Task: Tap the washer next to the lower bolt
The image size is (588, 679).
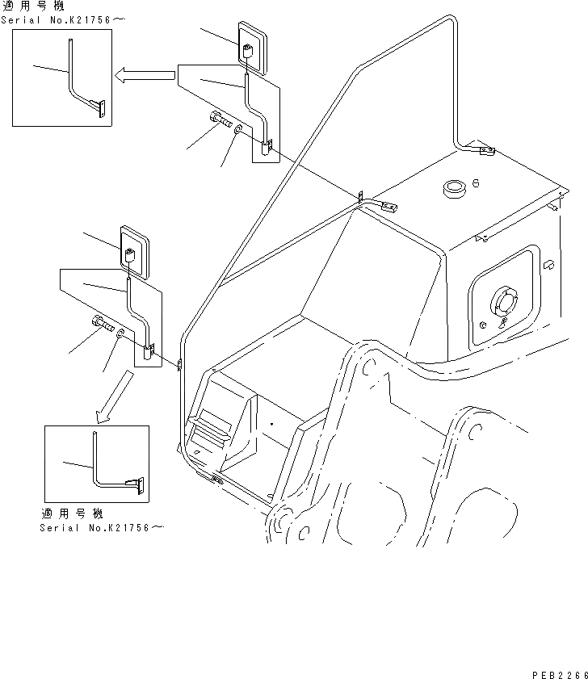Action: coord(120,334)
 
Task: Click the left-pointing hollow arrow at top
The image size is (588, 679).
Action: coord(145,76)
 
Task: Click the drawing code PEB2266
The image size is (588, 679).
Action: coord(560,672)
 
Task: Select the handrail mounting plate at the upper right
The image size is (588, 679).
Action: coord(485,151)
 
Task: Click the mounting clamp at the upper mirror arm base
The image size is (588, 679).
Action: coord(267,146)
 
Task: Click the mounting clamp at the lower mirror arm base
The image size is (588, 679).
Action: coord(148,351)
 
